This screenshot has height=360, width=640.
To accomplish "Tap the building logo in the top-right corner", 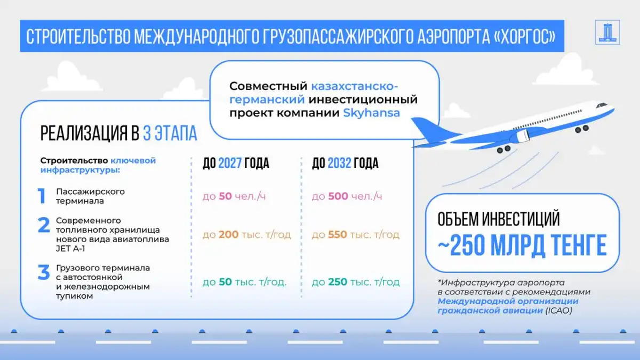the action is pos(607,32).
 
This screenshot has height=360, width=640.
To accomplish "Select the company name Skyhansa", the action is pos(371,113).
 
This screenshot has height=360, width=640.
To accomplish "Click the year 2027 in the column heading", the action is pos(230,163).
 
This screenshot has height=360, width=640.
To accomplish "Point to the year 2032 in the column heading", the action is pos(339,163).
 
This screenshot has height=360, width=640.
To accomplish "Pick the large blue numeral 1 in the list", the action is pos(42,196).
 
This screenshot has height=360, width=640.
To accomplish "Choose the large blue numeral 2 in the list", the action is pos(44,225).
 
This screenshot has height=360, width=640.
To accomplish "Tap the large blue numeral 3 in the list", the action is pos(44,272).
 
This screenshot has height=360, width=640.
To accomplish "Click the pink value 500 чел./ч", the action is pos(347,196).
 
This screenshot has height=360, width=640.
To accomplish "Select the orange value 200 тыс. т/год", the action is pos(247,235).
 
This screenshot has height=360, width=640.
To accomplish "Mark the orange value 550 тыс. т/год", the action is pos(355,235).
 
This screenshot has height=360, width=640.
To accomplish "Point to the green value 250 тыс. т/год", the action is pos(355,282).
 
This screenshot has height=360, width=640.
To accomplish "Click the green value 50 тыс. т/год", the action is pos(245,282).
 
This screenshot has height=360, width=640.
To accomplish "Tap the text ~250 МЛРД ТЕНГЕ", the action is pos(522,245).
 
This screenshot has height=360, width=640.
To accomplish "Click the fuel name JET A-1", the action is pos(70,249).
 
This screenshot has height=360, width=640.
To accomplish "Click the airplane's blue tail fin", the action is pos(431,130).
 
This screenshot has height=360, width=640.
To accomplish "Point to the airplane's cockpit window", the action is pos(602,105).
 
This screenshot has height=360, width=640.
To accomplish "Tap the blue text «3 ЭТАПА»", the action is pos(170,133).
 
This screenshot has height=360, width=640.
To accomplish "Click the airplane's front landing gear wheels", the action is pos(582,129).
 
